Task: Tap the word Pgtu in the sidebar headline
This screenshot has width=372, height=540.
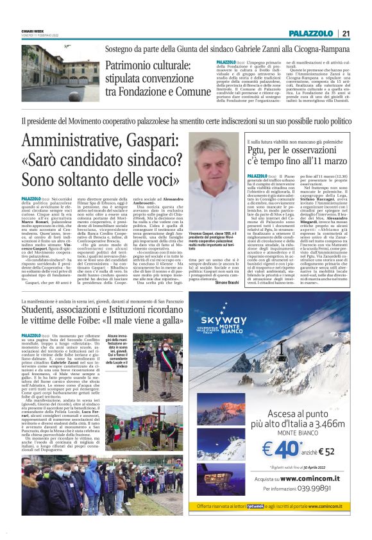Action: [x=259, y=150]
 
